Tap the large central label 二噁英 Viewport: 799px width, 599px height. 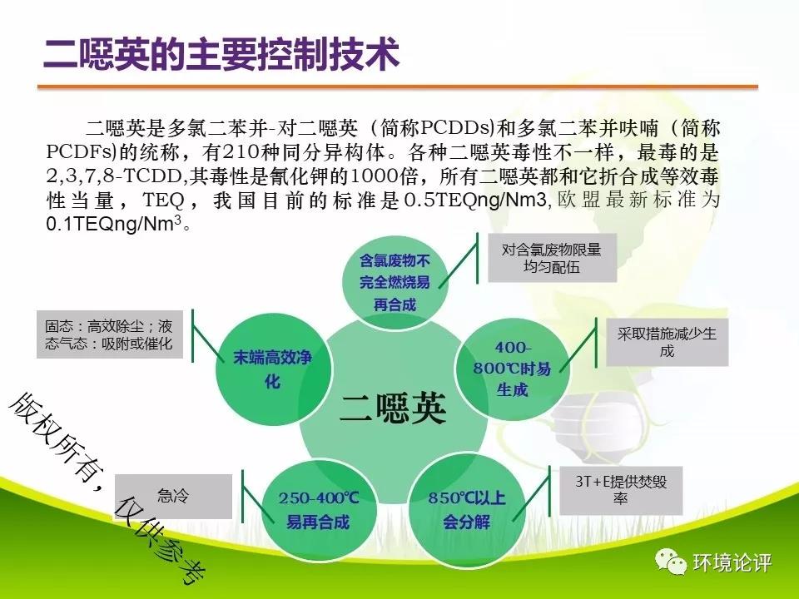(x=393, y=408)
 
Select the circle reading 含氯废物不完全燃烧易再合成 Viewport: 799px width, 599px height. (x=395, y=282)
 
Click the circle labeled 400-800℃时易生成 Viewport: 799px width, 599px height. (x=512, y=368)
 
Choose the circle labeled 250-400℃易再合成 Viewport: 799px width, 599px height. (x=319, y=510)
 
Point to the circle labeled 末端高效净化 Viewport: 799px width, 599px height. (x=273, y=369)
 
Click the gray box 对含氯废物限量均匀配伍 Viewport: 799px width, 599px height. (x=552, y=258)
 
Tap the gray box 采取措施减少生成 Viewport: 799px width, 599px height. (x=667, y=342)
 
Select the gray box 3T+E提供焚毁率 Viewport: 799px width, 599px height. (x=621, y=490)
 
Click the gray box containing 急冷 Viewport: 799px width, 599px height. (x=173, y=496)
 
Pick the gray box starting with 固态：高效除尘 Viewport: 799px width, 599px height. (x=110, y=334)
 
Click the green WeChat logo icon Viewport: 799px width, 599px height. (x=671, y=562)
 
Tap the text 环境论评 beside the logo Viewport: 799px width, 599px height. (x=732, y=562)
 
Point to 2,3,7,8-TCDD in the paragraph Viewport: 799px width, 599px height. (x=114, y=176)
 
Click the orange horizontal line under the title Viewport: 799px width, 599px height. (x=398, y=87)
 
